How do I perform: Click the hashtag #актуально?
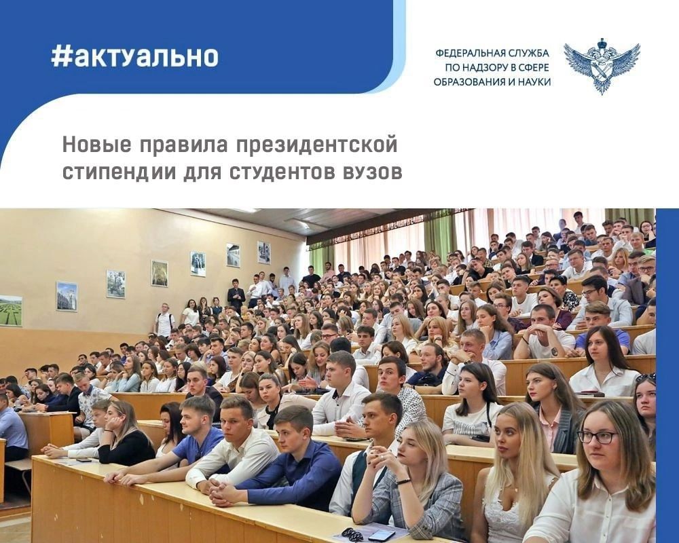click(134, 56)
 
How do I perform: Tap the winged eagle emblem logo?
click(601, 64)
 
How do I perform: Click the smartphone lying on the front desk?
click(382, 535)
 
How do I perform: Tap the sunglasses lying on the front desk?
click(352, 533)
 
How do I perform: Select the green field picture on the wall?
click(11, 310)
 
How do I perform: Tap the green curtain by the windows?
click(440, 235)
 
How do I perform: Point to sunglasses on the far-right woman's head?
click(646, 377)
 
